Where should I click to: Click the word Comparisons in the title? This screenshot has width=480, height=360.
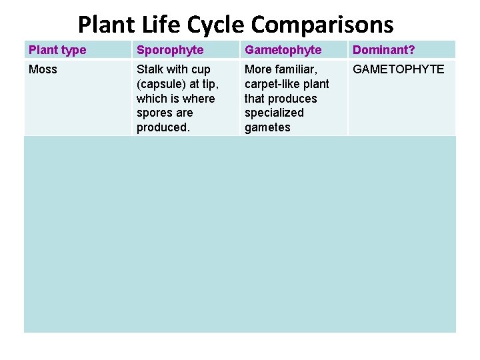322,25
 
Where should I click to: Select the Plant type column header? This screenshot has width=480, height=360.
57,50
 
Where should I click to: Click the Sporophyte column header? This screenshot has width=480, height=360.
170,50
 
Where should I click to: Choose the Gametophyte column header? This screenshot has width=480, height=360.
283,50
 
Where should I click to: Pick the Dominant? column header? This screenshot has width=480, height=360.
384,50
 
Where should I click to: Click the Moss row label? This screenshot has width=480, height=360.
43,69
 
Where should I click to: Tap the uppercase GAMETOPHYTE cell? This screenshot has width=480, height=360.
398,69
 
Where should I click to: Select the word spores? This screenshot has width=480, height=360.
155,113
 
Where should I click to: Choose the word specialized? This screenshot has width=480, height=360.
274,113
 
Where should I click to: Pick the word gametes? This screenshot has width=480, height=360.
267,127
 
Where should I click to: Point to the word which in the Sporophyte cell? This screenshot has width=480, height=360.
152,99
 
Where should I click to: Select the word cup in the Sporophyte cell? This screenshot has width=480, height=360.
200,69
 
